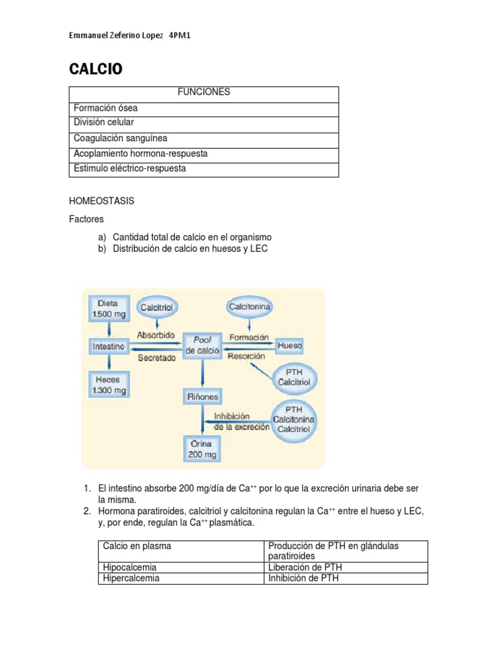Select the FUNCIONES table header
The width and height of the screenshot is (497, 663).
point(204,93)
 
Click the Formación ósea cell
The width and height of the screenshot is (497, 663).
point(105,108)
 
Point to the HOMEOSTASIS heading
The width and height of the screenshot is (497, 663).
point(102,201)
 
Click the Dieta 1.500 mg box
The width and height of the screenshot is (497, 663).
point(107,309)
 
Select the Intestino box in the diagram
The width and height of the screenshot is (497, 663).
point(107,346)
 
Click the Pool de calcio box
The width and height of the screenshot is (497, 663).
point(203,345)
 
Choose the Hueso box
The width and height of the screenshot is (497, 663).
point(289,346)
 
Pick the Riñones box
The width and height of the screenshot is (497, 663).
point(203,396)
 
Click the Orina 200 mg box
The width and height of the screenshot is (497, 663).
point(203,449)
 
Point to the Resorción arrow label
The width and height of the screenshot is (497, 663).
point(247,356)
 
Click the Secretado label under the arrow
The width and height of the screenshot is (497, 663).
point(156,357)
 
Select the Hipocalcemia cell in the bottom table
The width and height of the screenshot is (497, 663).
point(129,568)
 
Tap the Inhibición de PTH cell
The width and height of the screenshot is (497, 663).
point(304,578)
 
